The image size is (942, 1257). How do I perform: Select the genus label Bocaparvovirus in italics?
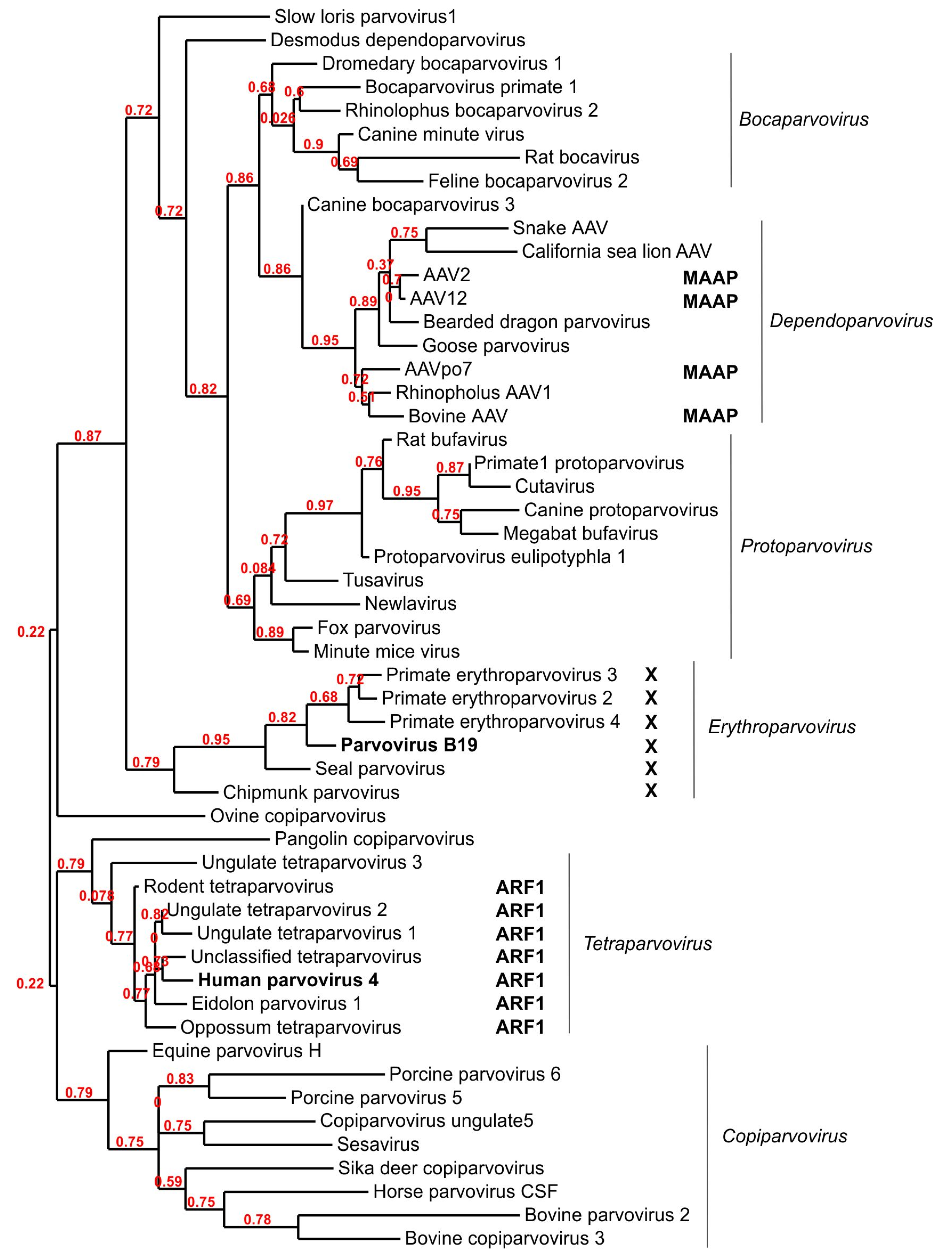click(x=803, y=119)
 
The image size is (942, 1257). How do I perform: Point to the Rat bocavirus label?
click(x=582, y=157)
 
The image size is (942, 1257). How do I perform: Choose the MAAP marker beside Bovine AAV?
click(x=710, y=416)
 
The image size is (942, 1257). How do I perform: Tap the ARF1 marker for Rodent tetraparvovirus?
click(x=519, y=887)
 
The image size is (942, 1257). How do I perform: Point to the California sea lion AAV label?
click(x=616, y=251)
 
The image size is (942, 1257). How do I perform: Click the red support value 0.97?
click(x=319, y=505)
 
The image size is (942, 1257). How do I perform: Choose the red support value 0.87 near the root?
click(x=88, y=436)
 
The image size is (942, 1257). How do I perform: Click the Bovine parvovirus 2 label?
click(x=607, y=1215)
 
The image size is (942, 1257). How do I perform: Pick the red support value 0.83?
click(x=180, y=1079)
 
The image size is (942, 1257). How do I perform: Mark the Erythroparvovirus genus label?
click(x=782, y=727)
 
